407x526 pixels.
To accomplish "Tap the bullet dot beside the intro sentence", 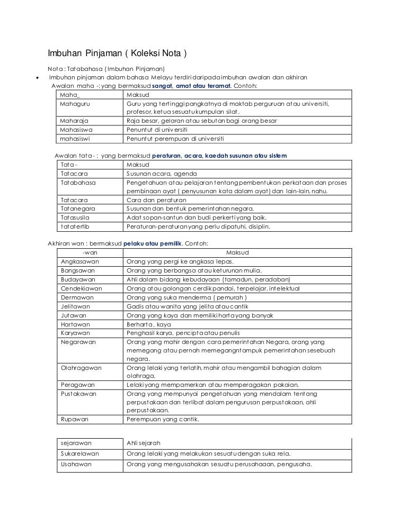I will click(36, 78).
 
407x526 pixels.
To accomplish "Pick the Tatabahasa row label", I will click(78, 183).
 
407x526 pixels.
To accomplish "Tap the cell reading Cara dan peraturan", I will click(152, 200).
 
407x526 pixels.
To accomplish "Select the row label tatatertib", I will click(75, 226).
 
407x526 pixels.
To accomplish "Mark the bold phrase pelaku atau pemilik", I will click(153, 244).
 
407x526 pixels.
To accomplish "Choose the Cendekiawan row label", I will click(82, 288).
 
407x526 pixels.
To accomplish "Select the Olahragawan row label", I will click(82, 367).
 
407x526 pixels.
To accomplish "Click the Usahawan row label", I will click(76, 464).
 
